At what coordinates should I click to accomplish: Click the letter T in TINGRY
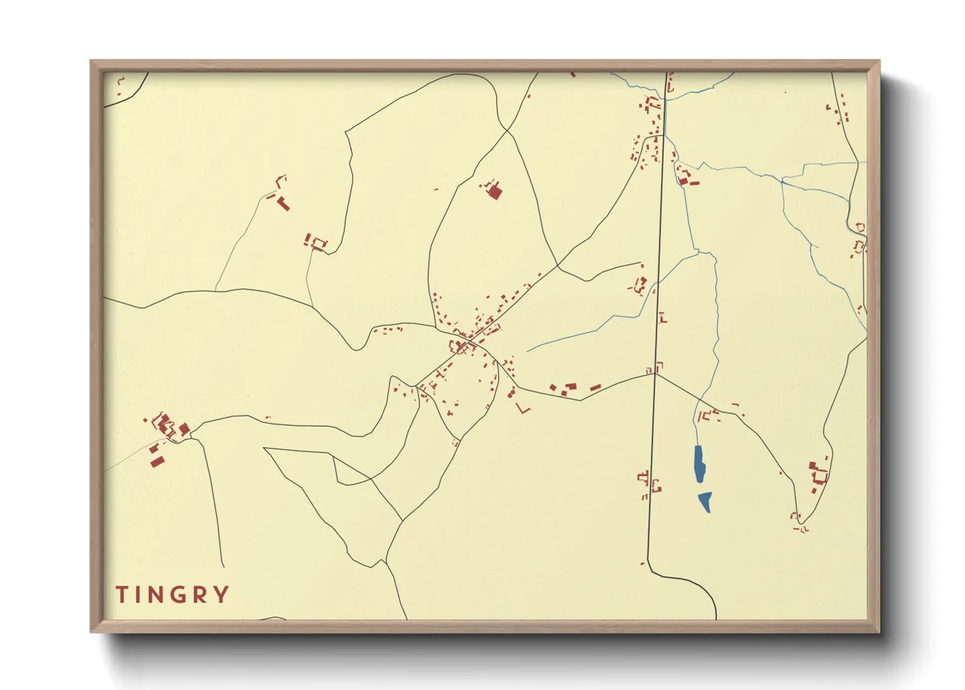pos(122,595)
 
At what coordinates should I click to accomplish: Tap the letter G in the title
pos(173,595)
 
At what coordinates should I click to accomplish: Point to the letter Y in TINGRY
pos(222,595)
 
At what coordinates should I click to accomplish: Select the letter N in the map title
pos(149,595)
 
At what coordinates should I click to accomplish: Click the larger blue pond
pos(700,464)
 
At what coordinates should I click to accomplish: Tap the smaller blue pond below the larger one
pos(705,501)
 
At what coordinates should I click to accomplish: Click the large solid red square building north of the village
pos(495,192)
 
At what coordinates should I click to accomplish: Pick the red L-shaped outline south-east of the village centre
pos(523,408)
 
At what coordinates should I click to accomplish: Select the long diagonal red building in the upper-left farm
pos(283,203)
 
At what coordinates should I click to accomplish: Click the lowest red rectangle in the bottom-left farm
pos(157,462)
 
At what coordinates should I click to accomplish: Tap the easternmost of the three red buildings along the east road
pos(595,387)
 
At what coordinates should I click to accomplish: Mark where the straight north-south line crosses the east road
pos(655,374)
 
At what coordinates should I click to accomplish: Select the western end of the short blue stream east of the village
pos(527,352)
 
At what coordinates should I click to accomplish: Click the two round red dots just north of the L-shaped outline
pos(512,393)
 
